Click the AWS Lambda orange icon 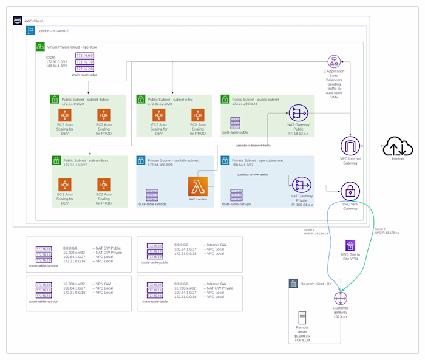pyautogui.click(x=197, y=186)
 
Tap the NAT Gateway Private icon pyautogui.click(x=301, y=185)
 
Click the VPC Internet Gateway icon pyautogui.click(x=350, y=146)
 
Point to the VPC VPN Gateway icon pyautogui.click(x=350, y=191)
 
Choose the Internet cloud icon pyautogui.click(x=398, y=146)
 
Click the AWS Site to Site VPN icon pyautogui.click(x=350, y=246)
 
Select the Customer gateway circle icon pyautogui.click(x=340, y=299)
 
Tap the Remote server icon pyautogui.click(x=302, y=318)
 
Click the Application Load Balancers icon pyautogui.click(x=333, y=61)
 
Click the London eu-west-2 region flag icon pyautogui.click(x=30, y=30)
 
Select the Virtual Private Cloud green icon pyautogui.click(x=41, y=47)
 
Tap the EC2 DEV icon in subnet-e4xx pyautogui.click(x=159, y=115)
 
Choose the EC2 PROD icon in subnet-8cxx pyautogui.click(x=103, y=185)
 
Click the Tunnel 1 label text pyautogui.click(x=309, y=230)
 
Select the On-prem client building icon pyautogui.click(x=294, y=284)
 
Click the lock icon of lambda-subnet pyautogui.click(x=141, y=160)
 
